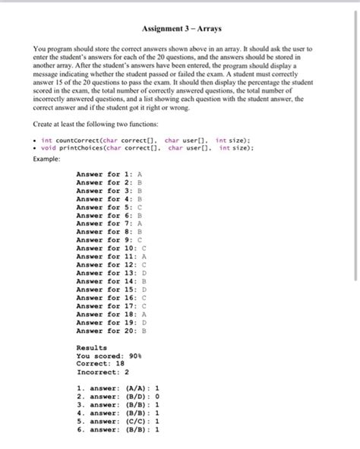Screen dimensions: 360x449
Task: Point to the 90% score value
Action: (136, 355)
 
